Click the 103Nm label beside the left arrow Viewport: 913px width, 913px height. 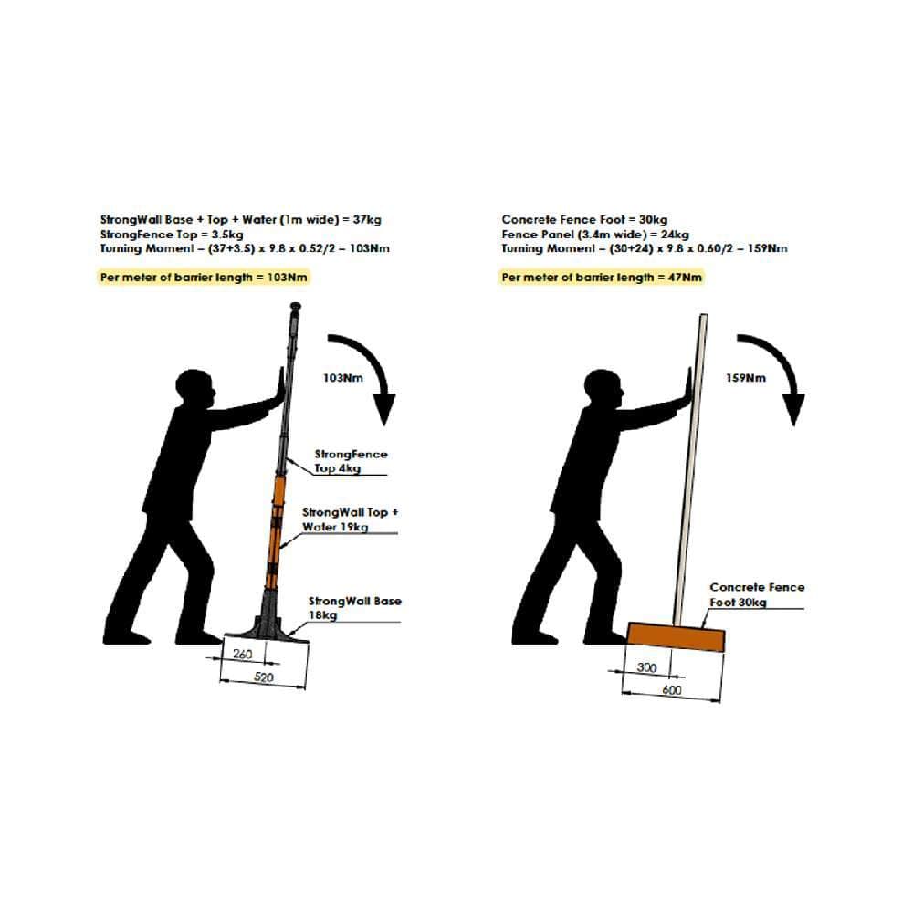(x=343, y=378)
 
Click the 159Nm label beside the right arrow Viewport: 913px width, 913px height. (x=746, y=378)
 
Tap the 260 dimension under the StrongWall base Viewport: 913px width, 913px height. (x=242, y=654)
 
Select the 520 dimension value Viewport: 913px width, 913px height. (x=264, y=677)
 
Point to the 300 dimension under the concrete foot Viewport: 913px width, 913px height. (x=646, y=666)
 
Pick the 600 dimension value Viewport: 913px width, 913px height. (x=671, y=690)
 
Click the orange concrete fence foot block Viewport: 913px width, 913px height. (x=676, y=636)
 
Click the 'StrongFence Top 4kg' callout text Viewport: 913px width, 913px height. (x=351, y=461)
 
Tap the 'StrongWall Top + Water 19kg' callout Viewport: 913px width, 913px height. (x=350, y=519)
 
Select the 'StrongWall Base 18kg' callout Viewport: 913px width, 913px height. (x=354, y=608)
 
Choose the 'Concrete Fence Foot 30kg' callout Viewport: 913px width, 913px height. (x=757, y=594)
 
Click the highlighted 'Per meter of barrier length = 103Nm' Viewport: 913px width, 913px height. (x=204, y=278)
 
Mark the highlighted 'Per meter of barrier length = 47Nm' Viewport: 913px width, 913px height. (x=602, y=278)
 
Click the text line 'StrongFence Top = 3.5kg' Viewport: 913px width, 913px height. (x=172, y=234)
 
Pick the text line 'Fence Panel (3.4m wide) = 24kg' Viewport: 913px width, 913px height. (x=595, y=234)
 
